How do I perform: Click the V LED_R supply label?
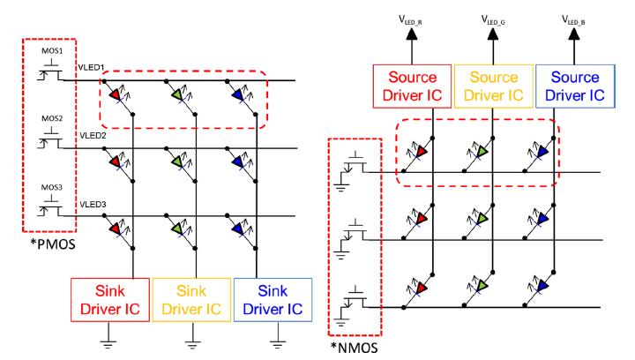click(x=431, y=16)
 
